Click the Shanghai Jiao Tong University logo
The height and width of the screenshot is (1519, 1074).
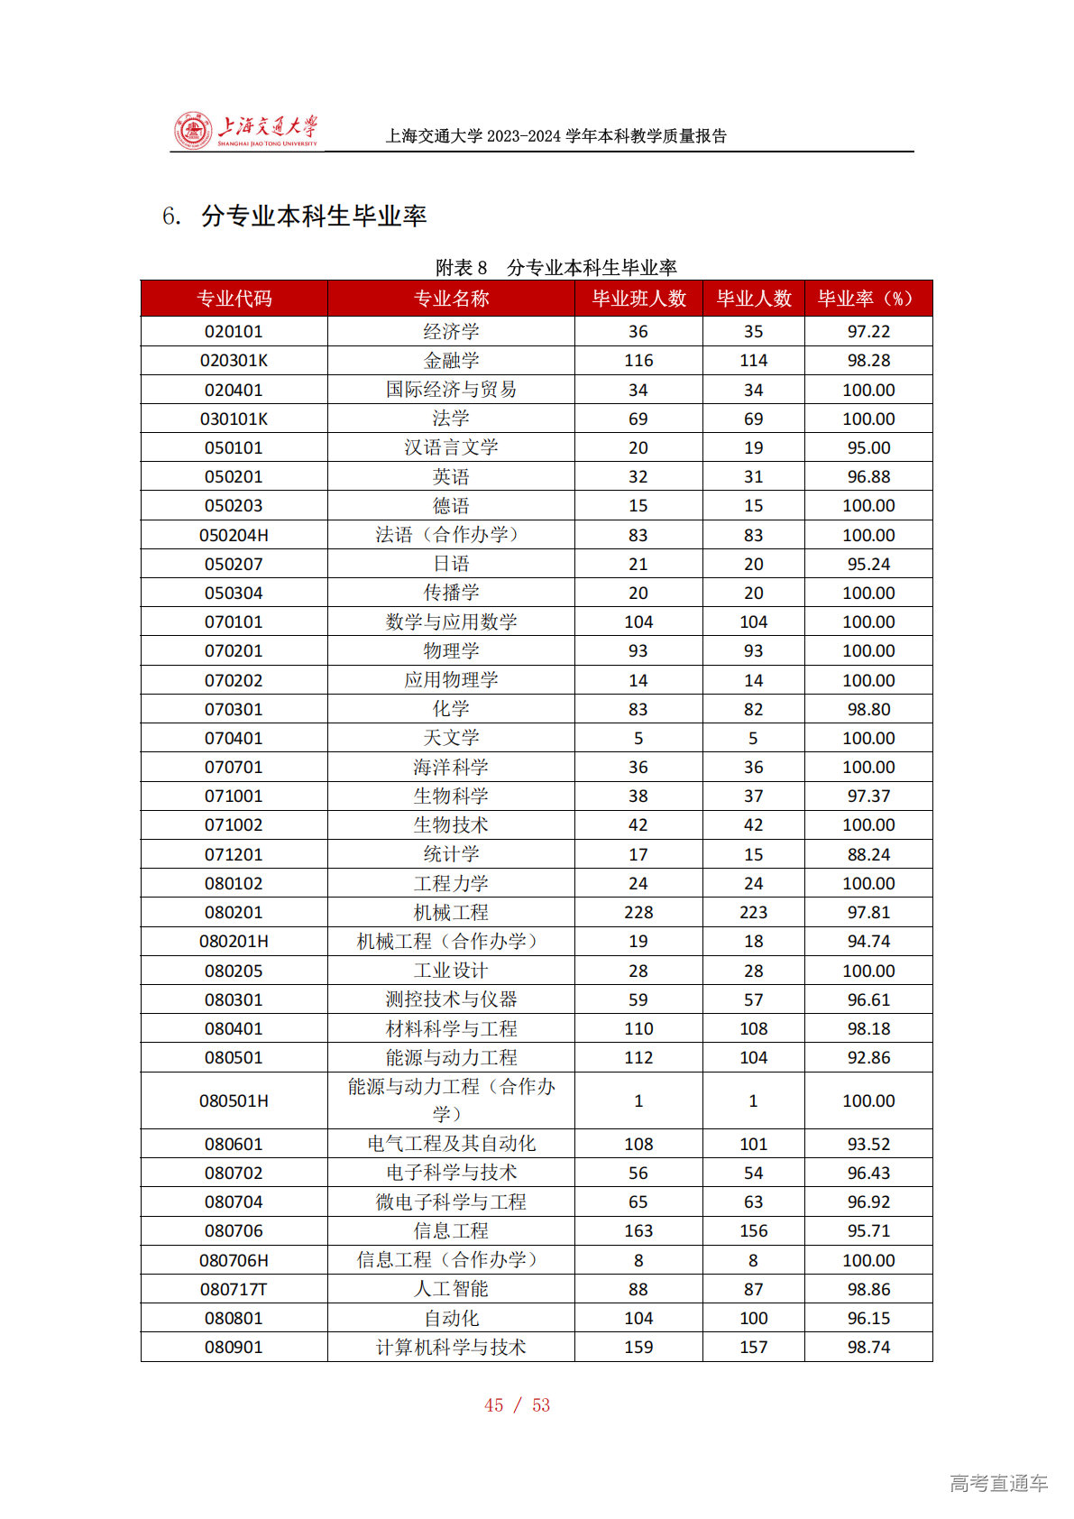(x=245, y=132)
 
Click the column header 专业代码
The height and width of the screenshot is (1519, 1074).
(x=234, y=299)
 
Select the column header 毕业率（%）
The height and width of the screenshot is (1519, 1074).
(x=867, y=299)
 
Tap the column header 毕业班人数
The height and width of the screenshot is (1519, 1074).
(x=638, y=299)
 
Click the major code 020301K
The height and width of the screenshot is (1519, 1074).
(x=234, y=361)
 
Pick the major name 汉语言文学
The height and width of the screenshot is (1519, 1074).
(x=451, y=447)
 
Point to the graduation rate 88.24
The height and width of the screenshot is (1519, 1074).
(x=868, y=854)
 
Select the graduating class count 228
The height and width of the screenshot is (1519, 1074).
(x=638, y=913)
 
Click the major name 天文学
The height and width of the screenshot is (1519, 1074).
(x=451, y=738)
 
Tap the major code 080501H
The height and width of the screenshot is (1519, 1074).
(x=234, y=1101)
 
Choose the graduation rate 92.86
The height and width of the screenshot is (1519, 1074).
(x=868, y=1058)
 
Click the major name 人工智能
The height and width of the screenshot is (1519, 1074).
(x=451, y=1290)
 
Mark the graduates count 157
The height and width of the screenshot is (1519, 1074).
(x=753, y=1348)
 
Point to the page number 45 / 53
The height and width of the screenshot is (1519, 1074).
(x=517, y=1405)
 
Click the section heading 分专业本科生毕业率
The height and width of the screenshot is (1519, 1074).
(x=313, y=216)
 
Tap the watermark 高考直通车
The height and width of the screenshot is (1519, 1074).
(x=998, y=1483)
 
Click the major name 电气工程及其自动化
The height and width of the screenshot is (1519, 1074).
(x=451, y=1145)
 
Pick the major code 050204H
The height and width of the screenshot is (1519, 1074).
(x=234, y=536)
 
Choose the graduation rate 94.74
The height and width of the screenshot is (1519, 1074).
(x=868, y=942)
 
